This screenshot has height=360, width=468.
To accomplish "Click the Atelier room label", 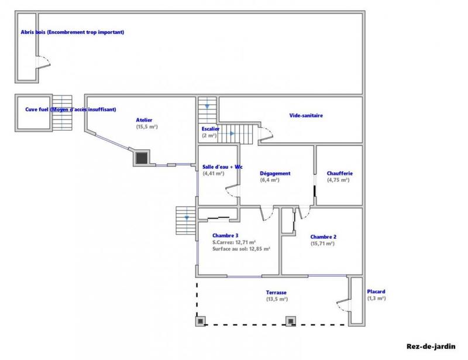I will pos(144,120).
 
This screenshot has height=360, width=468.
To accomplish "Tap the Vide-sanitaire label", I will pos(306,115).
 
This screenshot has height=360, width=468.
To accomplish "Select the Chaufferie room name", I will pos(338,173).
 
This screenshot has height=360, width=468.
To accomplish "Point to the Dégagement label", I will pos(275,173).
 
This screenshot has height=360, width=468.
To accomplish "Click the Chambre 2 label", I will pos(323,236).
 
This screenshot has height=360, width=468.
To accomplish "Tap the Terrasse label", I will pos(276,292).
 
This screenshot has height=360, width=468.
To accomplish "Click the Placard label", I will pos(376,292).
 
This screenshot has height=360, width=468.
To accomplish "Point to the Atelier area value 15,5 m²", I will pos(147,126).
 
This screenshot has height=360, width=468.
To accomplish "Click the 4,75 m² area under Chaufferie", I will pos(338,180).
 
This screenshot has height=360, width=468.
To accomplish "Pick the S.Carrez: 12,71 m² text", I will pos(234,242).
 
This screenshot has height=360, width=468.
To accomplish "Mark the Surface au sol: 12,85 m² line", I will pos(241,249).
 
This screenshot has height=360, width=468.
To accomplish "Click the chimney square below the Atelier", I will pos(142,157).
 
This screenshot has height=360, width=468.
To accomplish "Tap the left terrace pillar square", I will pos(200,321).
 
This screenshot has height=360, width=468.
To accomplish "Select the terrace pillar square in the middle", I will pos(290,321).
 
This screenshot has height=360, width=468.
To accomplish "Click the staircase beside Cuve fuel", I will pos(63,113).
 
